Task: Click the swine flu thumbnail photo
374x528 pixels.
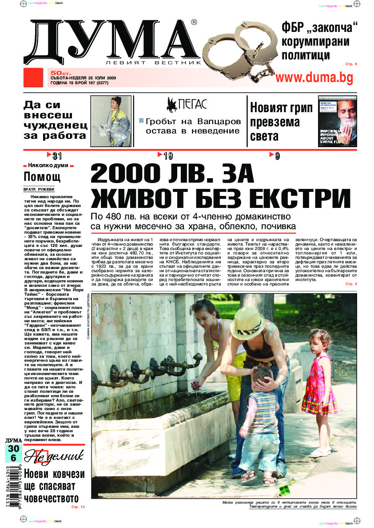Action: click(338, 121)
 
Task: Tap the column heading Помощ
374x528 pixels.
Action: click(42, 177)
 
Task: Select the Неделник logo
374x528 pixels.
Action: click(53, 456)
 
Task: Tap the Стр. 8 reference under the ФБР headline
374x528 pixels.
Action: click(350, 64)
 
